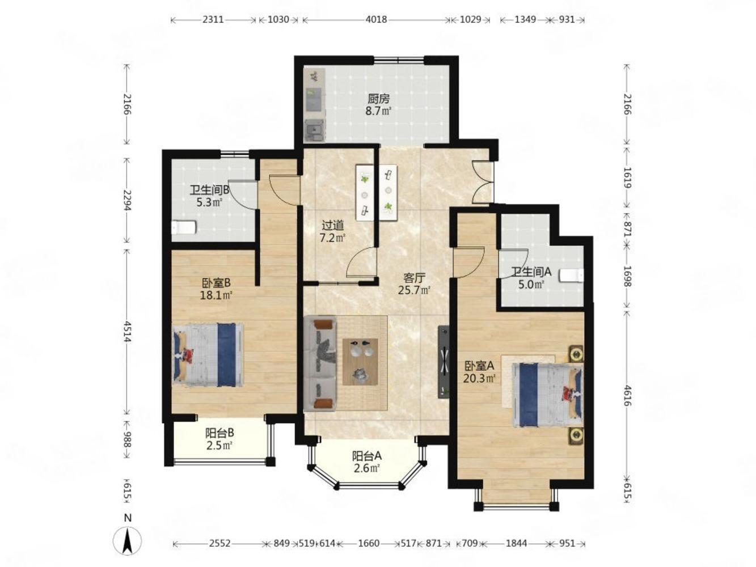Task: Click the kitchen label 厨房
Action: point(378,99)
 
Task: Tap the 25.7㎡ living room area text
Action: point(415,290)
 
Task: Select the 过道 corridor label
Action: point(332,226)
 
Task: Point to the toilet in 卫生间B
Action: point(184,227)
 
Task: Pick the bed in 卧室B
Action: point(208,355)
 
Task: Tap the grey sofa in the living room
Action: point(320,364)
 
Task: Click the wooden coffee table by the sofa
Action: point(360,362)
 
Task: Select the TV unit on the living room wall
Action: point(444,362)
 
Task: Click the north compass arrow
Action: point(128,542)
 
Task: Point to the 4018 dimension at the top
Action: point(376,20)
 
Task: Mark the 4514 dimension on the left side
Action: point(128,332)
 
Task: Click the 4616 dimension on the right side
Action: point(627,395)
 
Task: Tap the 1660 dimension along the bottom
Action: point(369,543)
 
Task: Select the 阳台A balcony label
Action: point(366,456)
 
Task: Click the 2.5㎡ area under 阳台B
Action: point(219,446)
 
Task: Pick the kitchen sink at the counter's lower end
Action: point(314,130)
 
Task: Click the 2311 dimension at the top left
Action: point(213,20)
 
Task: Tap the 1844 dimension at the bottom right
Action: point(516,543)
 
